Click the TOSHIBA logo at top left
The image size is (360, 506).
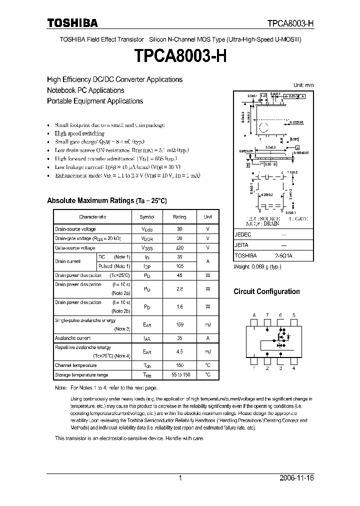click(x=72, y=23)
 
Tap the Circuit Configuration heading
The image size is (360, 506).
click(x=266, y=291)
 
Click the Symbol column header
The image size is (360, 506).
click(x=147, y=217)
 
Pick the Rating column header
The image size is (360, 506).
click(x=179, y=217)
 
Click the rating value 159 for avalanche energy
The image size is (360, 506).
click(x=179, y=324)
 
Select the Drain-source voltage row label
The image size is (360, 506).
click(x=75, y=228)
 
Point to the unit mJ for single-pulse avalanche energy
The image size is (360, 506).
click(x=207, y=324)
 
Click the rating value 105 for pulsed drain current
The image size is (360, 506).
click(x=179, y=266)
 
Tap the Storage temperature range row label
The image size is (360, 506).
click(x=81, y=374)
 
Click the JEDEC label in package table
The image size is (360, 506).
click(x=243, y=234)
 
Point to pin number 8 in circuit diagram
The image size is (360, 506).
click(x=254, y=315)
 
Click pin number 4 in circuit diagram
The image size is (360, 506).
click(x=293, y=368)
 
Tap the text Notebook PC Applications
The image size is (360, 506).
click(x=85, y=90)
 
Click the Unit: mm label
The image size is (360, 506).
click(x=303, y=85)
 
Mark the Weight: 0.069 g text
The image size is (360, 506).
click(x=257, y=266)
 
